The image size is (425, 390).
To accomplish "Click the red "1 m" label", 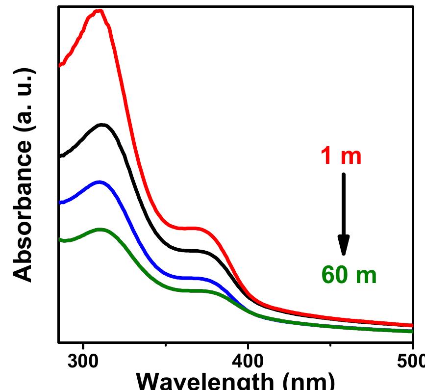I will click(341, 156).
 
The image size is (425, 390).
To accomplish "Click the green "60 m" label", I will click(349, 275).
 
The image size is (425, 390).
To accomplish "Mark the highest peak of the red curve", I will click(100, 11).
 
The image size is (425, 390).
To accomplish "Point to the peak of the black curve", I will click(102, 125).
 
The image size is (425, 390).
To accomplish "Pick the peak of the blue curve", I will click(100, 182).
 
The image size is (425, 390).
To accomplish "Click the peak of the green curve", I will click(100, 229).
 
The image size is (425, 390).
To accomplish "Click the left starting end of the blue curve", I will click(60, 202).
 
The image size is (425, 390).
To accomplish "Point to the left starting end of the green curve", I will click(60, 239).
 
